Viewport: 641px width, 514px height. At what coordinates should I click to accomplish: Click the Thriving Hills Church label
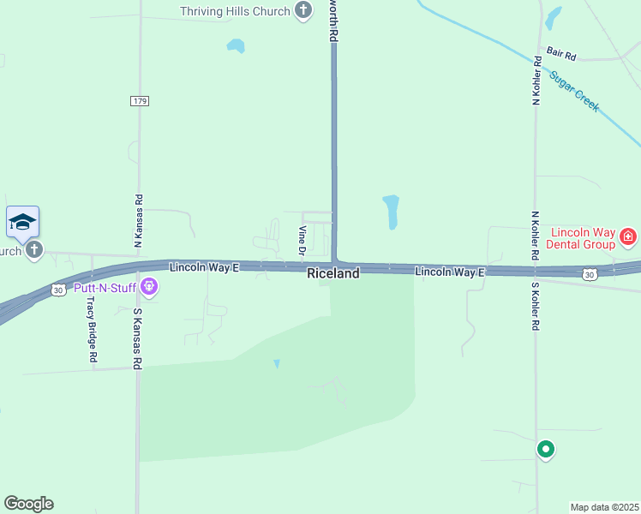coord(235,11)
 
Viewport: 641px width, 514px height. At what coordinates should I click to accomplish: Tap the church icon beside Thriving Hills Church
coord(303,10)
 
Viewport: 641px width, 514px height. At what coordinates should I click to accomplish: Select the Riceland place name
coord(333,273)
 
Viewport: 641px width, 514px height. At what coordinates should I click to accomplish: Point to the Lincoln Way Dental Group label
coord(583,238)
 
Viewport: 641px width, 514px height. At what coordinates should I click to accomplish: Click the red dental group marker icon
coord(628,235)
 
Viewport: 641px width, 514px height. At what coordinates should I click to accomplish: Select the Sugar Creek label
coord(575,92)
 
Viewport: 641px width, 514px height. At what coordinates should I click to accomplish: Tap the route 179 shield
coord(141,101)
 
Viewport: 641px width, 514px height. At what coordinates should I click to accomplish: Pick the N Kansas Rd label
coord(138,221)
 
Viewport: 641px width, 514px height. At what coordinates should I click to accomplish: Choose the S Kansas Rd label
coord(136,338)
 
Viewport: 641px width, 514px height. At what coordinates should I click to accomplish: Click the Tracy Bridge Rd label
coord(90,332)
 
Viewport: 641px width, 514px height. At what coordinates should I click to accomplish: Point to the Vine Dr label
coord(302,241)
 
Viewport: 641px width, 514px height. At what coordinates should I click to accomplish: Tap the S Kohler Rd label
coord(536,306)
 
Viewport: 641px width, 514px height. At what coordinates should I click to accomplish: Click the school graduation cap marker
coord(22,224)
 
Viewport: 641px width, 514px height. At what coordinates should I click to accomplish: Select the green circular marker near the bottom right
coord(545,448)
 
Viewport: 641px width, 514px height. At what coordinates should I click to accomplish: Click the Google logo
coord(28,504)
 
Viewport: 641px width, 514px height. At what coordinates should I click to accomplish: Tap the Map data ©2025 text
coord(604,507)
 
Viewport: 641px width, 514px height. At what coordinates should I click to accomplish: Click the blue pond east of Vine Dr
coord(391,212)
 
